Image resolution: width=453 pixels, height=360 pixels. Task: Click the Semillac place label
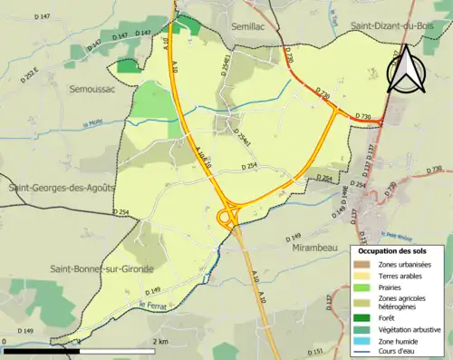point(249,28)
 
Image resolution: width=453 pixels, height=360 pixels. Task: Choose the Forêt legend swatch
point(364,317)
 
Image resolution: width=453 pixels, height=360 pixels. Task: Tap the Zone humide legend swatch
point(364,341)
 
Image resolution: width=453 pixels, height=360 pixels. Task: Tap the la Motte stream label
point(93,125)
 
